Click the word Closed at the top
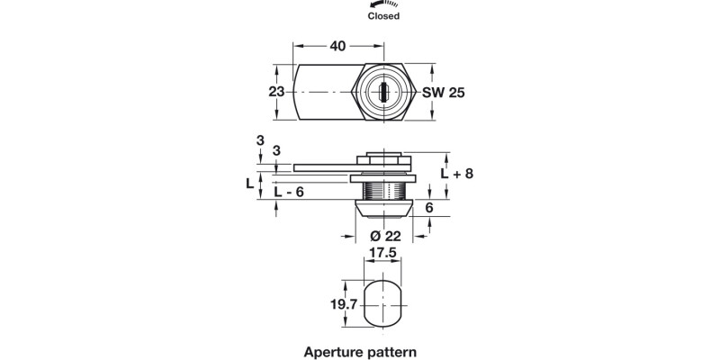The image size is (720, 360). [x=383, y=16]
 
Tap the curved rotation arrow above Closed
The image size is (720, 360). [x=383, y=4]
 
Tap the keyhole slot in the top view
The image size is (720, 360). [x=384, y=92]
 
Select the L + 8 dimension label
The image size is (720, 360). [x=458, y=174]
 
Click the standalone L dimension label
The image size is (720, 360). [x=251, y=183]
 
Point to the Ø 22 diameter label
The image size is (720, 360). [x=384, y=237]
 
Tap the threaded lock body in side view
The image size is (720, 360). [x=383, y=191]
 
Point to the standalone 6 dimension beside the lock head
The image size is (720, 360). [x=429, y=208]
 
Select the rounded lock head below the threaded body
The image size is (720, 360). [x=383, y=210]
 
